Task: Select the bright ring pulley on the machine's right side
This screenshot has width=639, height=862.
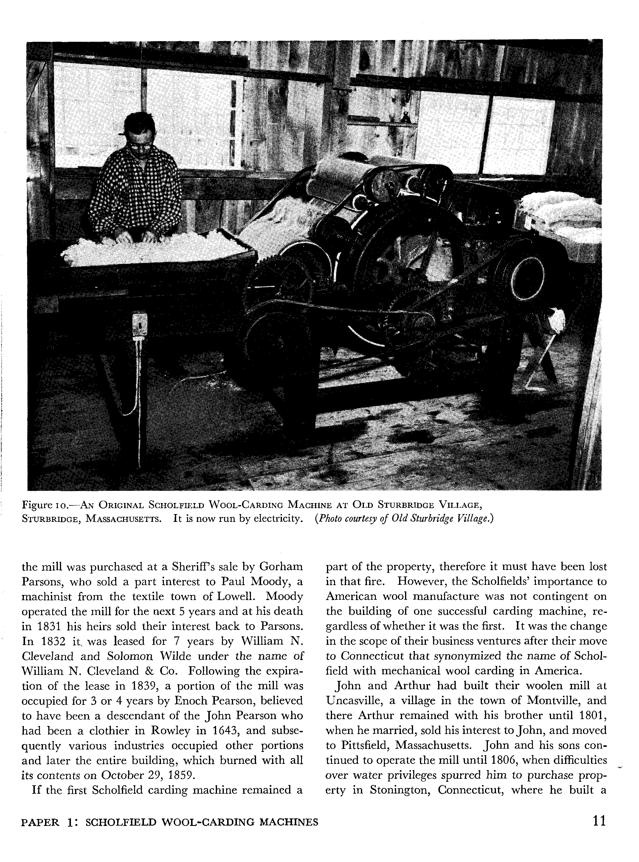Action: coord(528,276)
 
